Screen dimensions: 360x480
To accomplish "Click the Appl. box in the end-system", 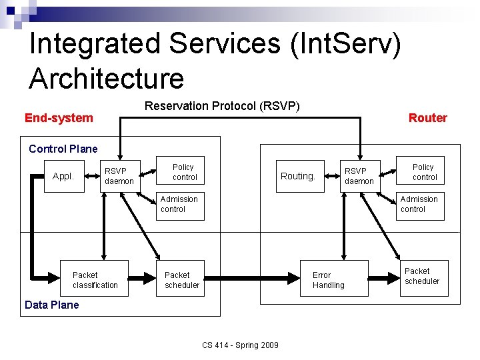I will pos(63,177).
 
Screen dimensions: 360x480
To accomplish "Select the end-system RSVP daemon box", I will pos(119,176).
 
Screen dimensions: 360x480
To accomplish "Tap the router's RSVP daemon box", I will pos(359,176).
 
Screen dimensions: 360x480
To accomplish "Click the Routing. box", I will pos(298,176).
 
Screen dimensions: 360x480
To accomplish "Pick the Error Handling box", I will pos(329,280).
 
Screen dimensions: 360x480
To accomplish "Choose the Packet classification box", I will pos(95,280).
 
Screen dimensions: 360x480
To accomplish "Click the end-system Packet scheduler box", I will pos(181,280).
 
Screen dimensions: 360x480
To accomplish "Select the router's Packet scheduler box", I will pos(422,276).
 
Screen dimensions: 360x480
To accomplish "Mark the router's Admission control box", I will pos(419,204).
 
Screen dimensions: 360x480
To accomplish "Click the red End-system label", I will pos(59,118).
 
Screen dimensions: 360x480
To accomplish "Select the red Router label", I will pos(427,118).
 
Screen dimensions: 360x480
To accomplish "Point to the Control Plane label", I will pos(63,149).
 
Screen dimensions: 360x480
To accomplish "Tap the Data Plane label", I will pos(51,305).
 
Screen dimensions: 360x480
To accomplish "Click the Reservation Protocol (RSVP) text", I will pos(222,106).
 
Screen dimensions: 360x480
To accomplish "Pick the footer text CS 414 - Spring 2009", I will pos(240,345).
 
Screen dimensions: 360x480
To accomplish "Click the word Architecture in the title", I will pos(107,79).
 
